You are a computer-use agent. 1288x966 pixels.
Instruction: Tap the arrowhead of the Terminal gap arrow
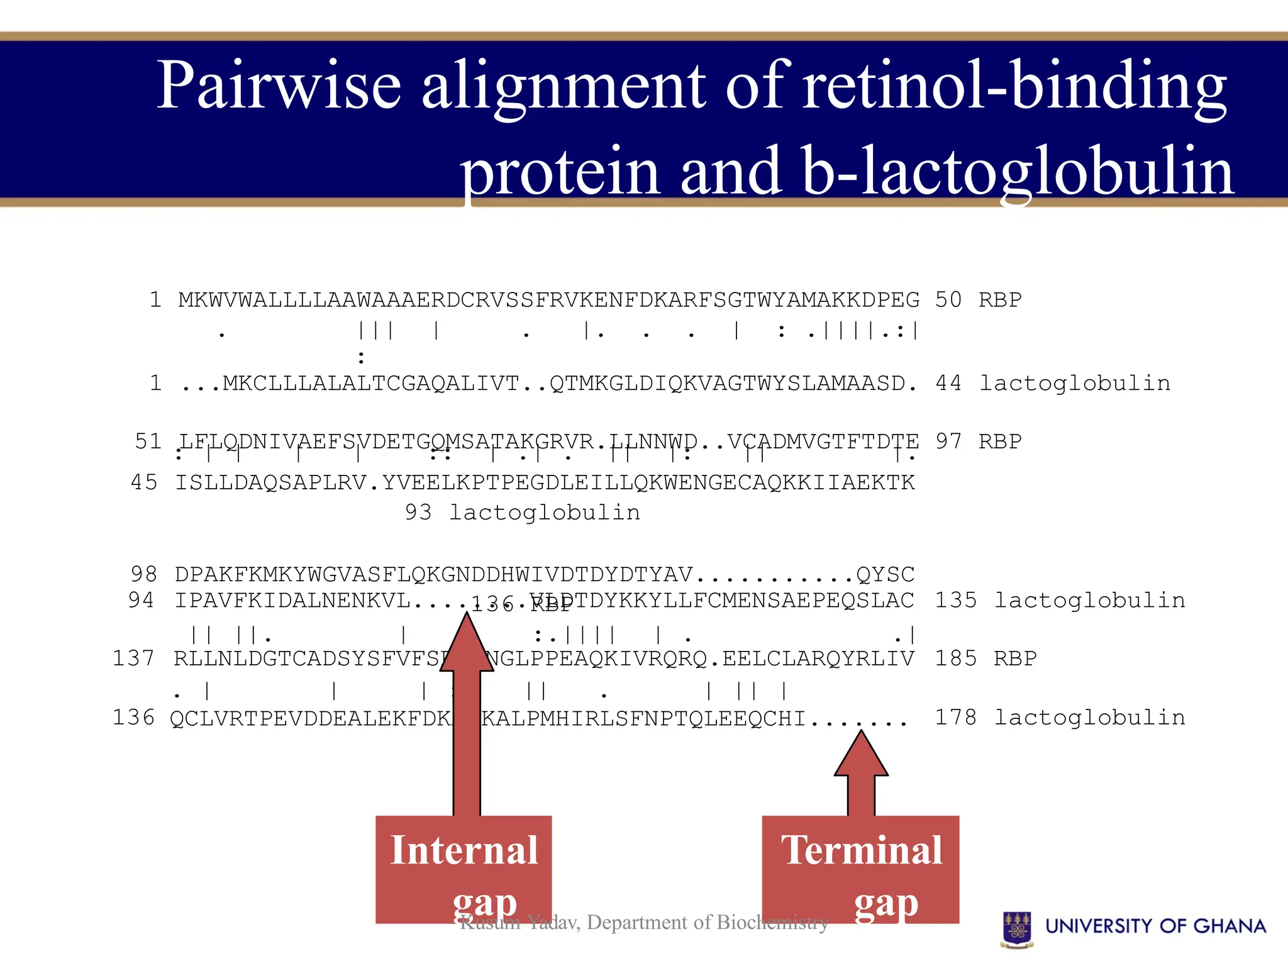pyautogui.click(x=861, y=755)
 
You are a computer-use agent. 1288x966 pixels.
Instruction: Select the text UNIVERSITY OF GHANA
pyautogui.click(x=1155, y=926)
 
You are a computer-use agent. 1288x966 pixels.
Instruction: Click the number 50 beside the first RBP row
pyautogui.click(x=948, y=300)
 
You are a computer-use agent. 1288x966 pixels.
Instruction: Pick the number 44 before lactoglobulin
pyautogui.click(x=948, y=383)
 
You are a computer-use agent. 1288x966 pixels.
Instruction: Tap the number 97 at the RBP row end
pyautogui.click(x=948, y=441)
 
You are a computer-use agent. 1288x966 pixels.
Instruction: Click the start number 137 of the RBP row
pyautogui.click(x=133, y=658)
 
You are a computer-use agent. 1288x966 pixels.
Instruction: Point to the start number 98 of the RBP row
pyautogui.click(x=144, y=574)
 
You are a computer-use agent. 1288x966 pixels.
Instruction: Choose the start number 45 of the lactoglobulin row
pyautogui.click(x=144, y=482)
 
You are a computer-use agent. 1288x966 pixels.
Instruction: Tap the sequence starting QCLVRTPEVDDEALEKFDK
pyautogui.click(x=311, y=718)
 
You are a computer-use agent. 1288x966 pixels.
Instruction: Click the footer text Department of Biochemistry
pyautogui.click(x=708, y=923)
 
